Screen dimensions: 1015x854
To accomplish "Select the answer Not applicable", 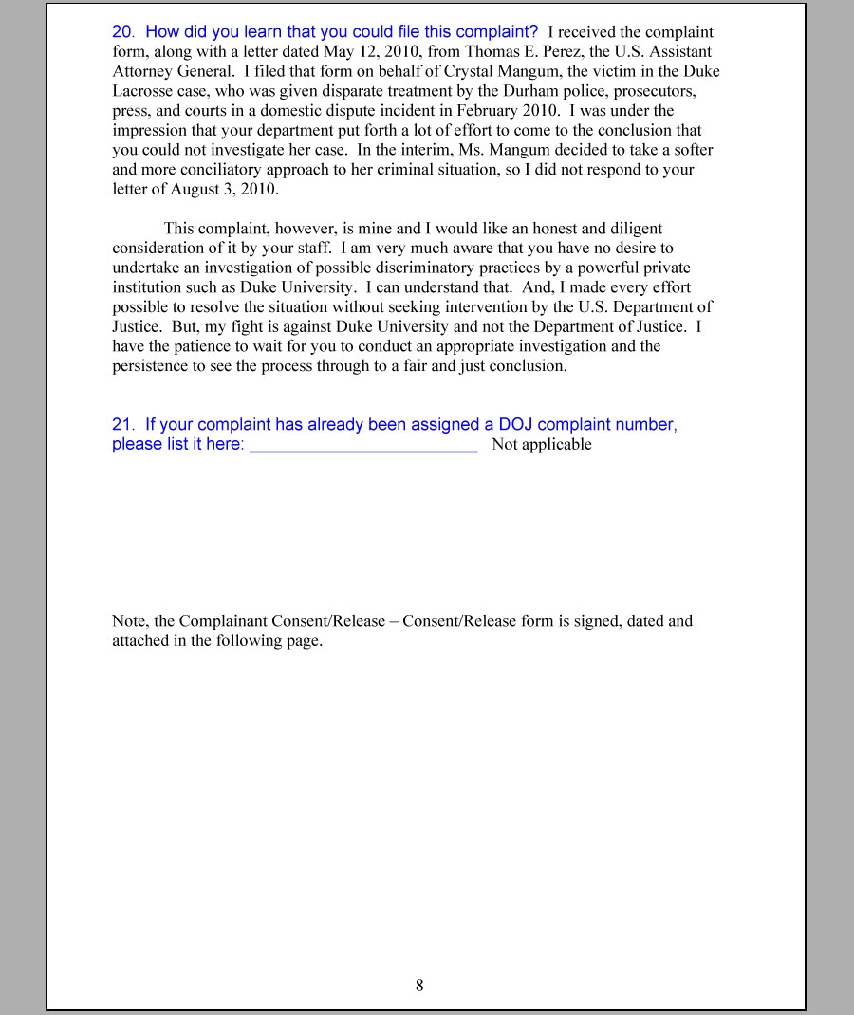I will (542, 445).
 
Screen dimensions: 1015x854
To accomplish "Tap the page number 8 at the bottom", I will (419, 986).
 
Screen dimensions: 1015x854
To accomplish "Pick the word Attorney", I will (142, 72).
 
